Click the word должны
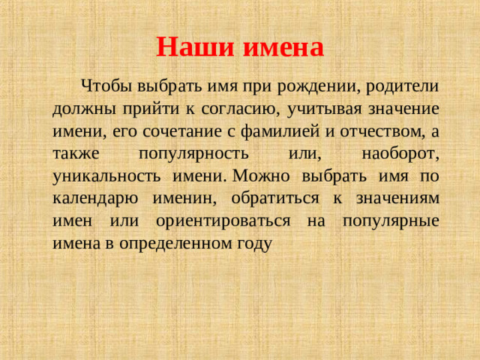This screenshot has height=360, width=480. [82, 108]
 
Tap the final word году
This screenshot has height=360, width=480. [254, 244]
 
